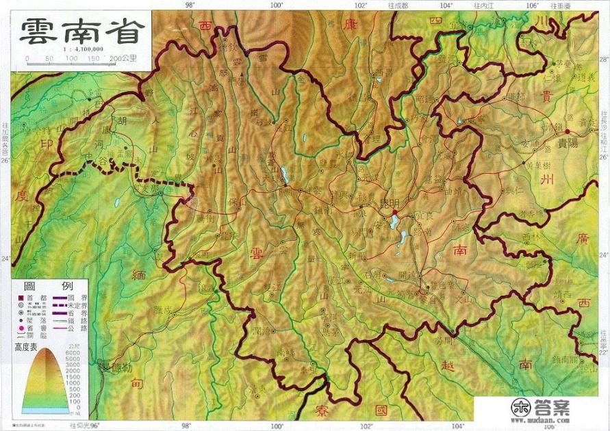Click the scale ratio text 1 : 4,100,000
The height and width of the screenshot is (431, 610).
82,49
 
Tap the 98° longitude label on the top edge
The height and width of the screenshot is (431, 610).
190,5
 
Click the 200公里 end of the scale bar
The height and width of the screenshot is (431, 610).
129,60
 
